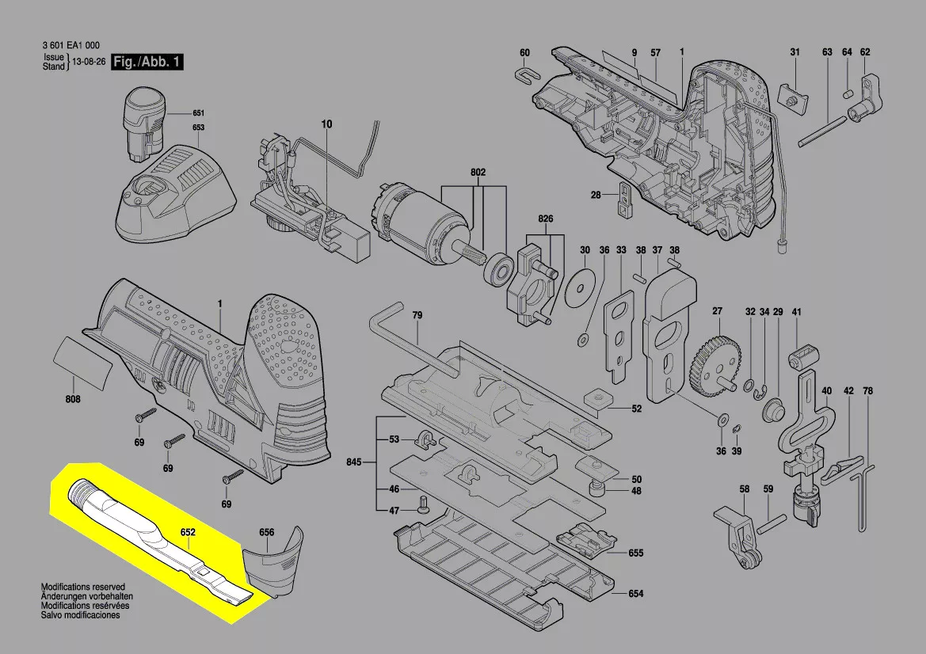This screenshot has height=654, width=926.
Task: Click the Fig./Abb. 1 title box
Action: [x=147, y=62]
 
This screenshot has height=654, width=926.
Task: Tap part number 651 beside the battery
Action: [x=198, y=112]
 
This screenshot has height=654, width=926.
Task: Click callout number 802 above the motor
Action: [x=478, y=173]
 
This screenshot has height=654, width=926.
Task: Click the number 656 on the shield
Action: [x=266, y=532]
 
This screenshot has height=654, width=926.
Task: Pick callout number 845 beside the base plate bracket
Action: [x=354, y=462]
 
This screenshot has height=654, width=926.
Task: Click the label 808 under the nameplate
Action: [x=73, y=399]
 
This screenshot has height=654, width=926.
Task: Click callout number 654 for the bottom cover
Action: [x=635, y=593]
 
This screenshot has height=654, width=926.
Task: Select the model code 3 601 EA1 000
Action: [x=70, y=45]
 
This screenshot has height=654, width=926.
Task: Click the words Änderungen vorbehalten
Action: [x=87, y=596]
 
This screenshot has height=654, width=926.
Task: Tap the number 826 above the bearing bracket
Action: [x=546, y=219]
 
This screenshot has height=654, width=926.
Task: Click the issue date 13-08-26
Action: [x=90, y=62]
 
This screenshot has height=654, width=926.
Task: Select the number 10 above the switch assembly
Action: [x=326, y=124]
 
